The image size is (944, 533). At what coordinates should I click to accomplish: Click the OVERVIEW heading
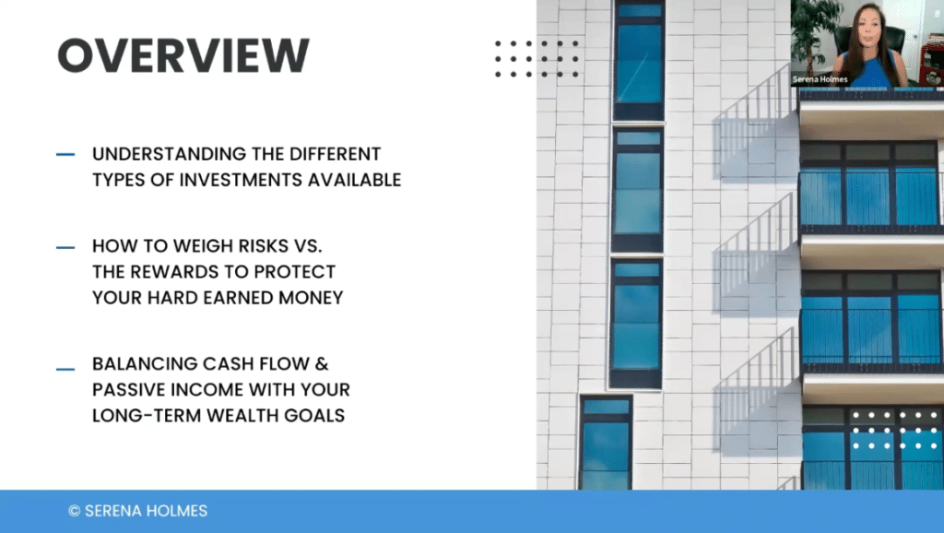click(x=183, y=55)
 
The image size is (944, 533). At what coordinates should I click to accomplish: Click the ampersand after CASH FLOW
click(x=322, y=363)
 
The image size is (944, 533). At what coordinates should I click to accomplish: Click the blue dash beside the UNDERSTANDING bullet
click(x=65, y=155)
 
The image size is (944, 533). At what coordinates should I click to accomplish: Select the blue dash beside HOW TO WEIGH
click(x=65, y=247)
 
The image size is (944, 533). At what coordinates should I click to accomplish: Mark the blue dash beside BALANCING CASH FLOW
click(x=65, y=369)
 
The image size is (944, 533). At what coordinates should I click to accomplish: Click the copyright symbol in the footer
click(x=74, y=511)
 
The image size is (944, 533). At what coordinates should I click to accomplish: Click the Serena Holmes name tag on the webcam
click(x=820, y=79)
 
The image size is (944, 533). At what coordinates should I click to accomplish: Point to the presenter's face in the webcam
click(x=867, y=29)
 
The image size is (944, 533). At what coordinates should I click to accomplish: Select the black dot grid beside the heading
click(x=537, y=59)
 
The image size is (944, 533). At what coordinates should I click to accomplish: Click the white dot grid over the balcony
click(x=894, y=431)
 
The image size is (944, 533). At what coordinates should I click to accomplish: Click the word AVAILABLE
click(x=355, y=180)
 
